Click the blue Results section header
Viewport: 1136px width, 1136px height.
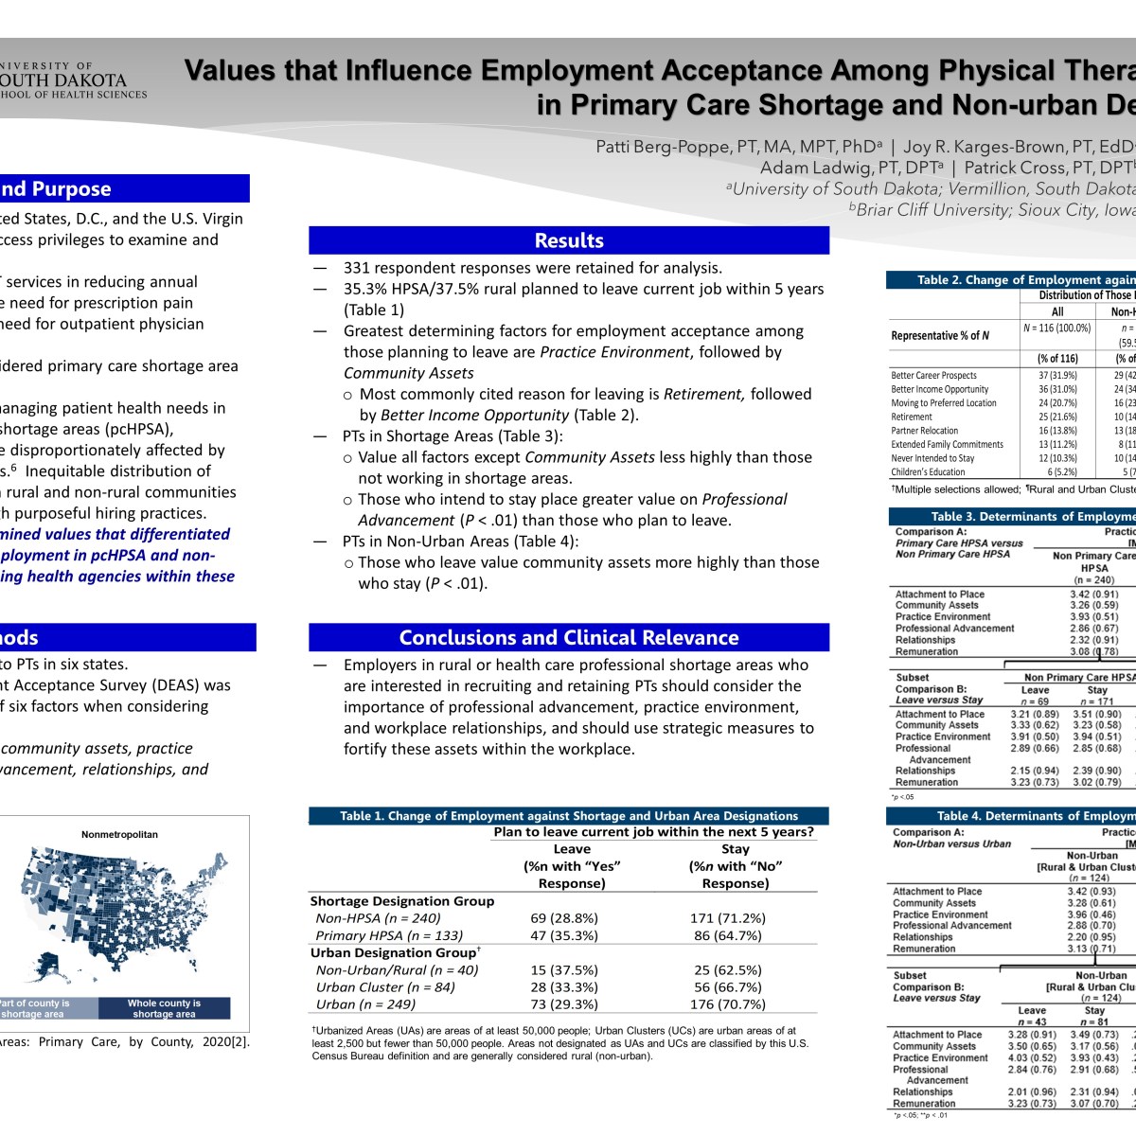click(569, 240)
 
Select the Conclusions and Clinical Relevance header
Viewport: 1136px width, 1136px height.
click(569, 637)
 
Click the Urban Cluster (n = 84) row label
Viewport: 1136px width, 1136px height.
click(385, 986)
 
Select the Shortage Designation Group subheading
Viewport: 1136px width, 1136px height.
click(402, 901)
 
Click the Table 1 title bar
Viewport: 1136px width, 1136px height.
click(569, 816)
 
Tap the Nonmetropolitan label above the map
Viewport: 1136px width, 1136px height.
click(119, 835)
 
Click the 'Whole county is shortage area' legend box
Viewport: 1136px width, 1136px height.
click(164, 1008)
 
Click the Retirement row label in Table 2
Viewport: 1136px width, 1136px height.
click(912, 417)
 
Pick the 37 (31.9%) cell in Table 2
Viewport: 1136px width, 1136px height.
click(1056, 375)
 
